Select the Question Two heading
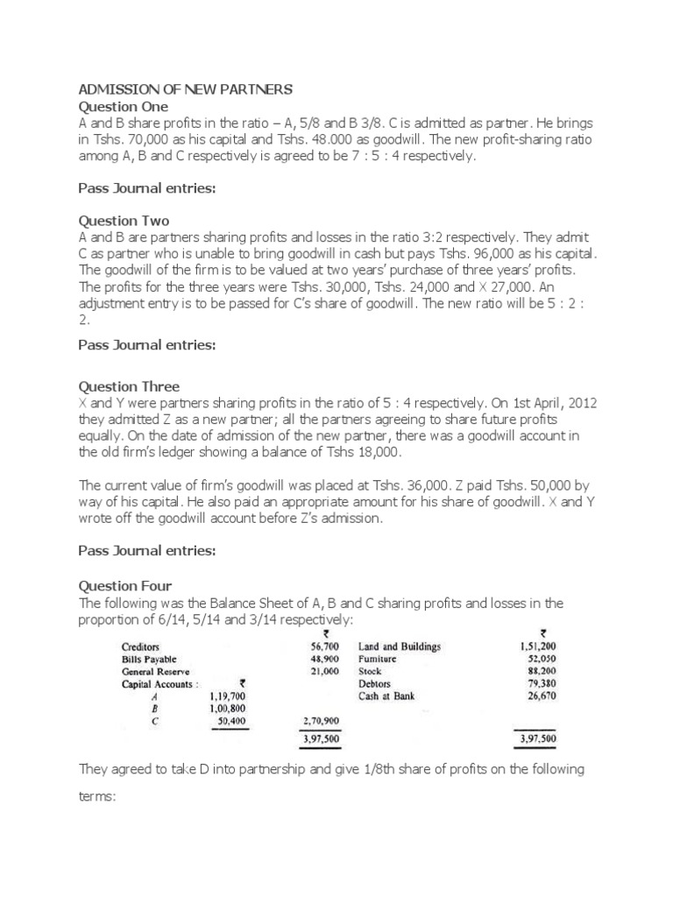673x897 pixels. click(x=124, y=221)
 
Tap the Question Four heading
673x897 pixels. click(x=126, y=586)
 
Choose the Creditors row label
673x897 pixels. click(x=140, y=647)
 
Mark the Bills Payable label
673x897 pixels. click(x=149, y=659)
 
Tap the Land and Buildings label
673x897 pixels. click(x=400, y=647)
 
